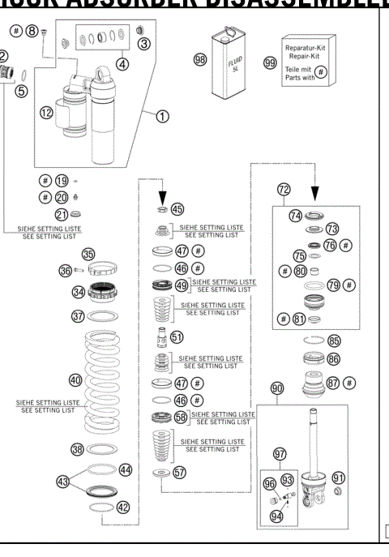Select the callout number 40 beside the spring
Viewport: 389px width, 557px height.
75,379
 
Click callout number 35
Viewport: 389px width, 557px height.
88,254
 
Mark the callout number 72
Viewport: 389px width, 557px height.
283,189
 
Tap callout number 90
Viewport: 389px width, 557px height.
276,389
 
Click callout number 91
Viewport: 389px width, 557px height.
339,478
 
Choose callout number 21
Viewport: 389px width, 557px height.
61,214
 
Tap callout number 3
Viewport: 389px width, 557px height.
144,42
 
